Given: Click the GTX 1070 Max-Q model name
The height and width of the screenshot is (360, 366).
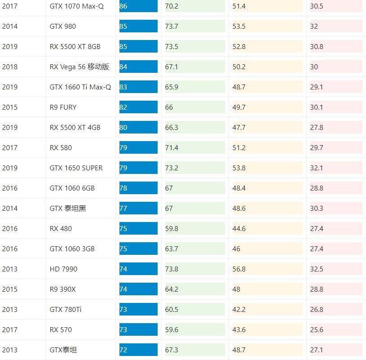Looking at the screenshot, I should [76, 6].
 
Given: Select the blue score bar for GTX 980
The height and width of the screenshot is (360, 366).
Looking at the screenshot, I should [138, 27].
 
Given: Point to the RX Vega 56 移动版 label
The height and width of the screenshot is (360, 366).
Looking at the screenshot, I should [79, 67].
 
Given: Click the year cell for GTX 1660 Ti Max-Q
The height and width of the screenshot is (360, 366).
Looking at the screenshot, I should [10, 87].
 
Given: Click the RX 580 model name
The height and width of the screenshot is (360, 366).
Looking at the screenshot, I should [61, 148].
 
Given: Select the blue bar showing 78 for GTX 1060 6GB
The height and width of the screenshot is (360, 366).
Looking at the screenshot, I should [138, 188].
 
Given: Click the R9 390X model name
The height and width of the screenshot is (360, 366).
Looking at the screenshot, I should [63, 289].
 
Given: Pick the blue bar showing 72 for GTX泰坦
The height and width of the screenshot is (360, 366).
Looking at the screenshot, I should [138, 350].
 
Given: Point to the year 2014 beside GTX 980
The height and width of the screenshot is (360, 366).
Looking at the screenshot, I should [10, 27].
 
